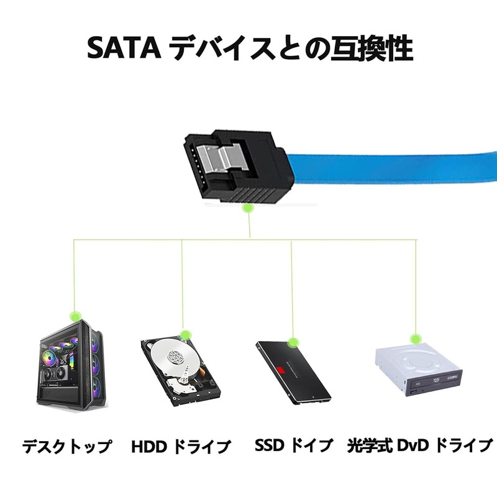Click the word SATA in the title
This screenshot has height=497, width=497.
pos(124,48)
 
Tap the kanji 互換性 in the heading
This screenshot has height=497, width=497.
pos(372,48)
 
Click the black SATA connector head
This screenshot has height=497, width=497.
pos(235,166)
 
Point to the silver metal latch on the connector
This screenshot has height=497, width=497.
pos(222,159)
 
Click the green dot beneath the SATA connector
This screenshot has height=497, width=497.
pos(247,208)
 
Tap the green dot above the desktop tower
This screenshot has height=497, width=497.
pos(75,316)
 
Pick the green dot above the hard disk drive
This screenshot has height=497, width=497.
pos(185,335)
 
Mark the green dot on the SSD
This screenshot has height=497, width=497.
pos(293,343)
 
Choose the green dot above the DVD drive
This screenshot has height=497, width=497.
pos(414,339)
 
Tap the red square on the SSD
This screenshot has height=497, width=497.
pos(281,370)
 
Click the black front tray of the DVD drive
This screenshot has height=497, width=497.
pos(434,383)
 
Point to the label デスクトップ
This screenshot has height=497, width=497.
pos(67,446)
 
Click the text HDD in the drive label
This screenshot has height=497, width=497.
pos(149,447)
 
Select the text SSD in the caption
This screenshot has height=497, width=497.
pos(270,445)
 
